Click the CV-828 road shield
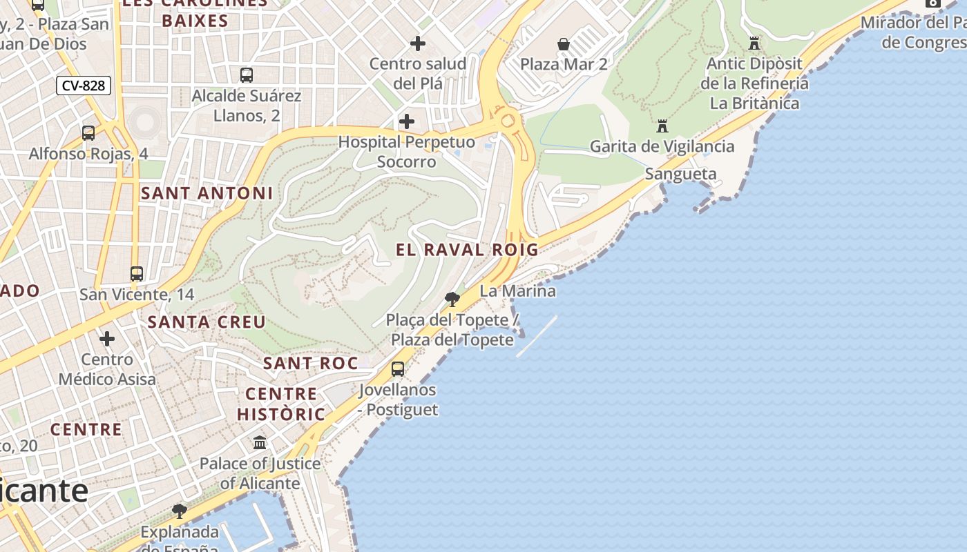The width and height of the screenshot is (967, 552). (84, 86)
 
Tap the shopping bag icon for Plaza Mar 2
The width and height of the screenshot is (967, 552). (564, 44)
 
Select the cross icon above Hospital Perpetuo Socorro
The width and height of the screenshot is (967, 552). (407, 122)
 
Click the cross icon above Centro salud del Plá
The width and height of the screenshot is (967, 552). (418, 43)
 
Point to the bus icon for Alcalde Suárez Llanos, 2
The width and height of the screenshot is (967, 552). (246, 75)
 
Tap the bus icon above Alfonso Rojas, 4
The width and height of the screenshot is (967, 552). (88, 133)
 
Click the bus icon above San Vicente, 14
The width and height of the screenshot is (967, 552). (137, 274)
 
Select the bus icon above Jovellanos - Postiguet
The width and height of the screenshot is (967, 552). (398, 369)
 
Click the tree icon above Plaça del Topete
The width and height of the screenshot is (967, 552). (452, 299)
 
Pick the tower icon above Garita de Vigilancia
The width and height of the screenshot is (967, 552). (662, 126)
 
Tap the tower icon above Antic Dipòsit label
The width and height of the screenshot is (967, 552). (754, 43)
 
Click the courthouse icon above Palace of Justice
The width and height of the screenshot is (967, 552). (260, 442)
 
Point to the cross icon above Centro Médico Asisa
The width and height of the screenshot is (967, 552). (107, 339)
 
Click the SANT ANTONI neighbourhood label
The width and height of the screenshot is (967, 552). (207, 194)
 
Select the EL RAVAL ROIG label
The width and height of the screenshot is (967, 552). (467, 250)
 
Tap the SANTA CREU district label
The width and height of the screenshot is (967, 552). (207, 322)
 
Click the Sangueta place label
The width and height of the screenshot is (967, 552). (680, 174)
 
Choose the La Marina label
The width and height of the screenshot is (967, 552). (517, 291)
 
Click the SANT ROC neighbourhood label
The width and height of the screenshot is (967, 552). (311, 363)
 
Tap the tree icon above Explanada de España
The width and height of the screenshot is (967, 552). (180, 511)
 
